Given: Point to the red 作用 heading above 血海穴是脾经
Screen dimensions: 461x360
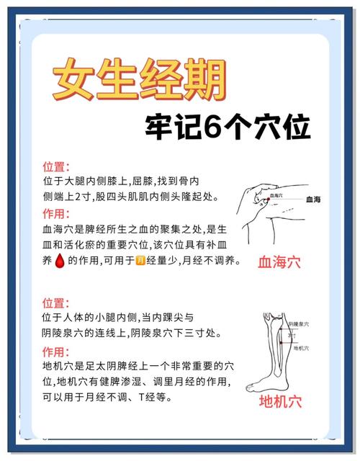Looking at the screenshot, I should point(55,214).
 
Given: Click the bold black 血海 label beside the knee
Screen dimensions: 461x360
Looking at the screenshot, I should point(314,199).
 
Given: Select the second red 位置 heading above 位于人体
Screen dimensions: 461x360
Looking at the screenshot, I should point(55,303).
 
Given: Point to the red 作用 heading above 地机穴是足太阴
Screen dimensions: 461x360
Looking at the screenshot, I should point(55,352).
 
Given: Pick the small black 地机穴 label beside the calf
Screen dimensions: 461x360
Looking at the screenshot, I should point(302,348).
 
